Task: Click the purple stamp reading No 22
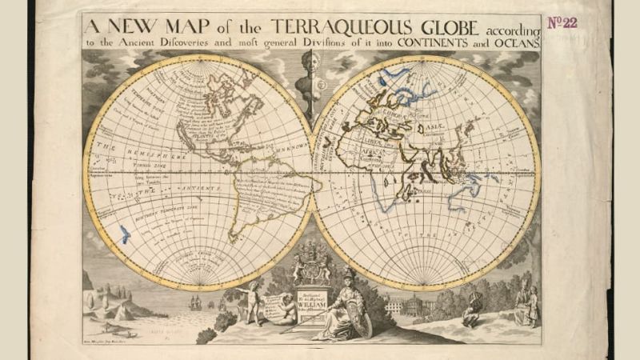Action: tap(562, 22)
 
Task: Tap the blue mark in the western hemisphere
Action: tap(124, 233)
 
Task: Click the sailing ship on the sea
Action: tap(195, 302)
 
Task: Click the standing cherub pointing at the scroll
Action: tap(253, 295)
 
